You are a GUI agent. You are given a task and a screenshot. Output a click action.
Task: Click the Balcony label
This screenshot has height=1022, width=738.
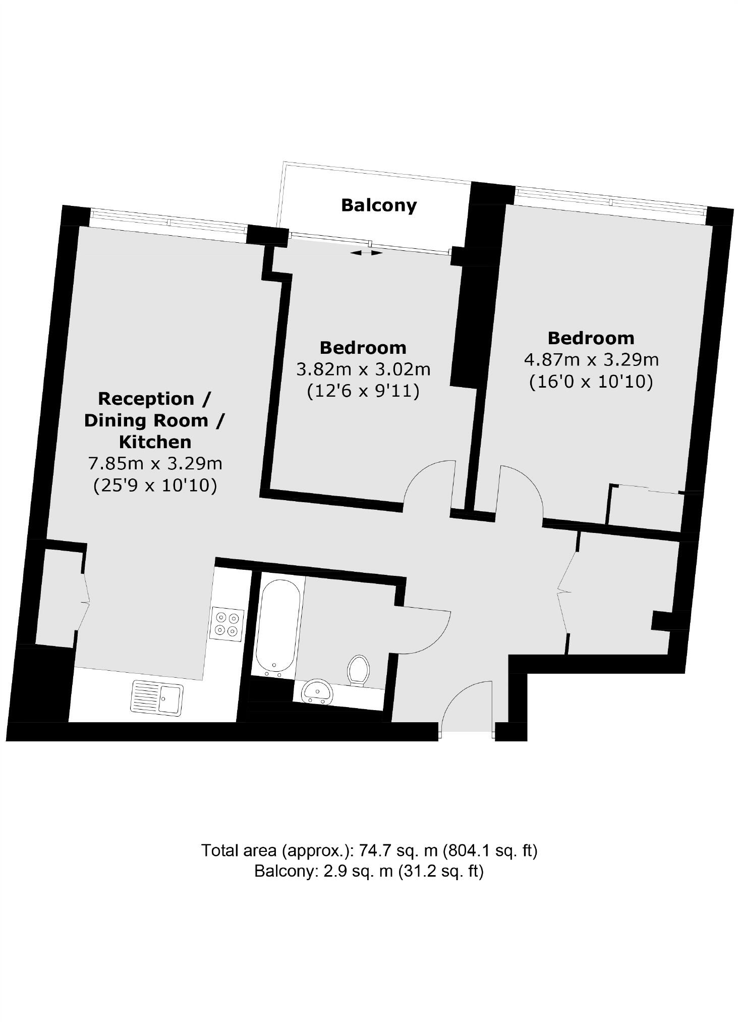click(379, 205)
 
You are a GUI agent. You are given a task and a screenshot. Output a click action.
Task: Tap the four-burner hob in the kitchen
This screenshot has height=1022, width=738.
click(227, 624)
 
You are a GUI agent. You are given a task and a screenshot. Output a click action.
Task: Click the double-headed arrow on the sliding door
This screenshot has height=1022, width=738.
click(366, 253)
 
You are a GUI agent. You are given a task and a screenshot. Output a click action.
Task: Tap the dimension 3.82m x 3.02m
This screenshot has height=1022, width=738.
click(363, 369)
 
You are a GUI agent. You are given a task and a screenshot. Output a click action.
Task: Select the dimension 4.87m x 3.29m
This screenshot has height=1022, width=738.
click(591, 360)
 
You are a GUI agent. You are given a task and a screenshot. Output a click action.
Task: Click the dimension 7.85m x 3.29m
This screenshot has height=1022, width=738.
click(155, 463)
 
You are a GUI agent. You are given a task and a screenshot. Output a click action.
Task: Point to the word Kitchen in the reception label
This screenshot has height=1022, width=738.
click(155, 442)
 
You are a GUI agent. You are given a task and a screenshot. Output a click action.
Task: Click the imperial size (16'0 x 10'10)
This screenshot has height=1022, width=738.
click(591, 382)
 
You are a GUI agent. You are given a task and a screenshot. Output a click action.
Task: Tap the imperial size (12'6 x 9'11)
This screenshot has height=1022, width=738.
click(363, 391)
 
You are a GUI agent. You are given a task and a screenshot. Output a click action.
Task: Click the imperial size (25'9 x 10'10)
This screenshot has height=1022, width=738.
click(155, 485)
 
